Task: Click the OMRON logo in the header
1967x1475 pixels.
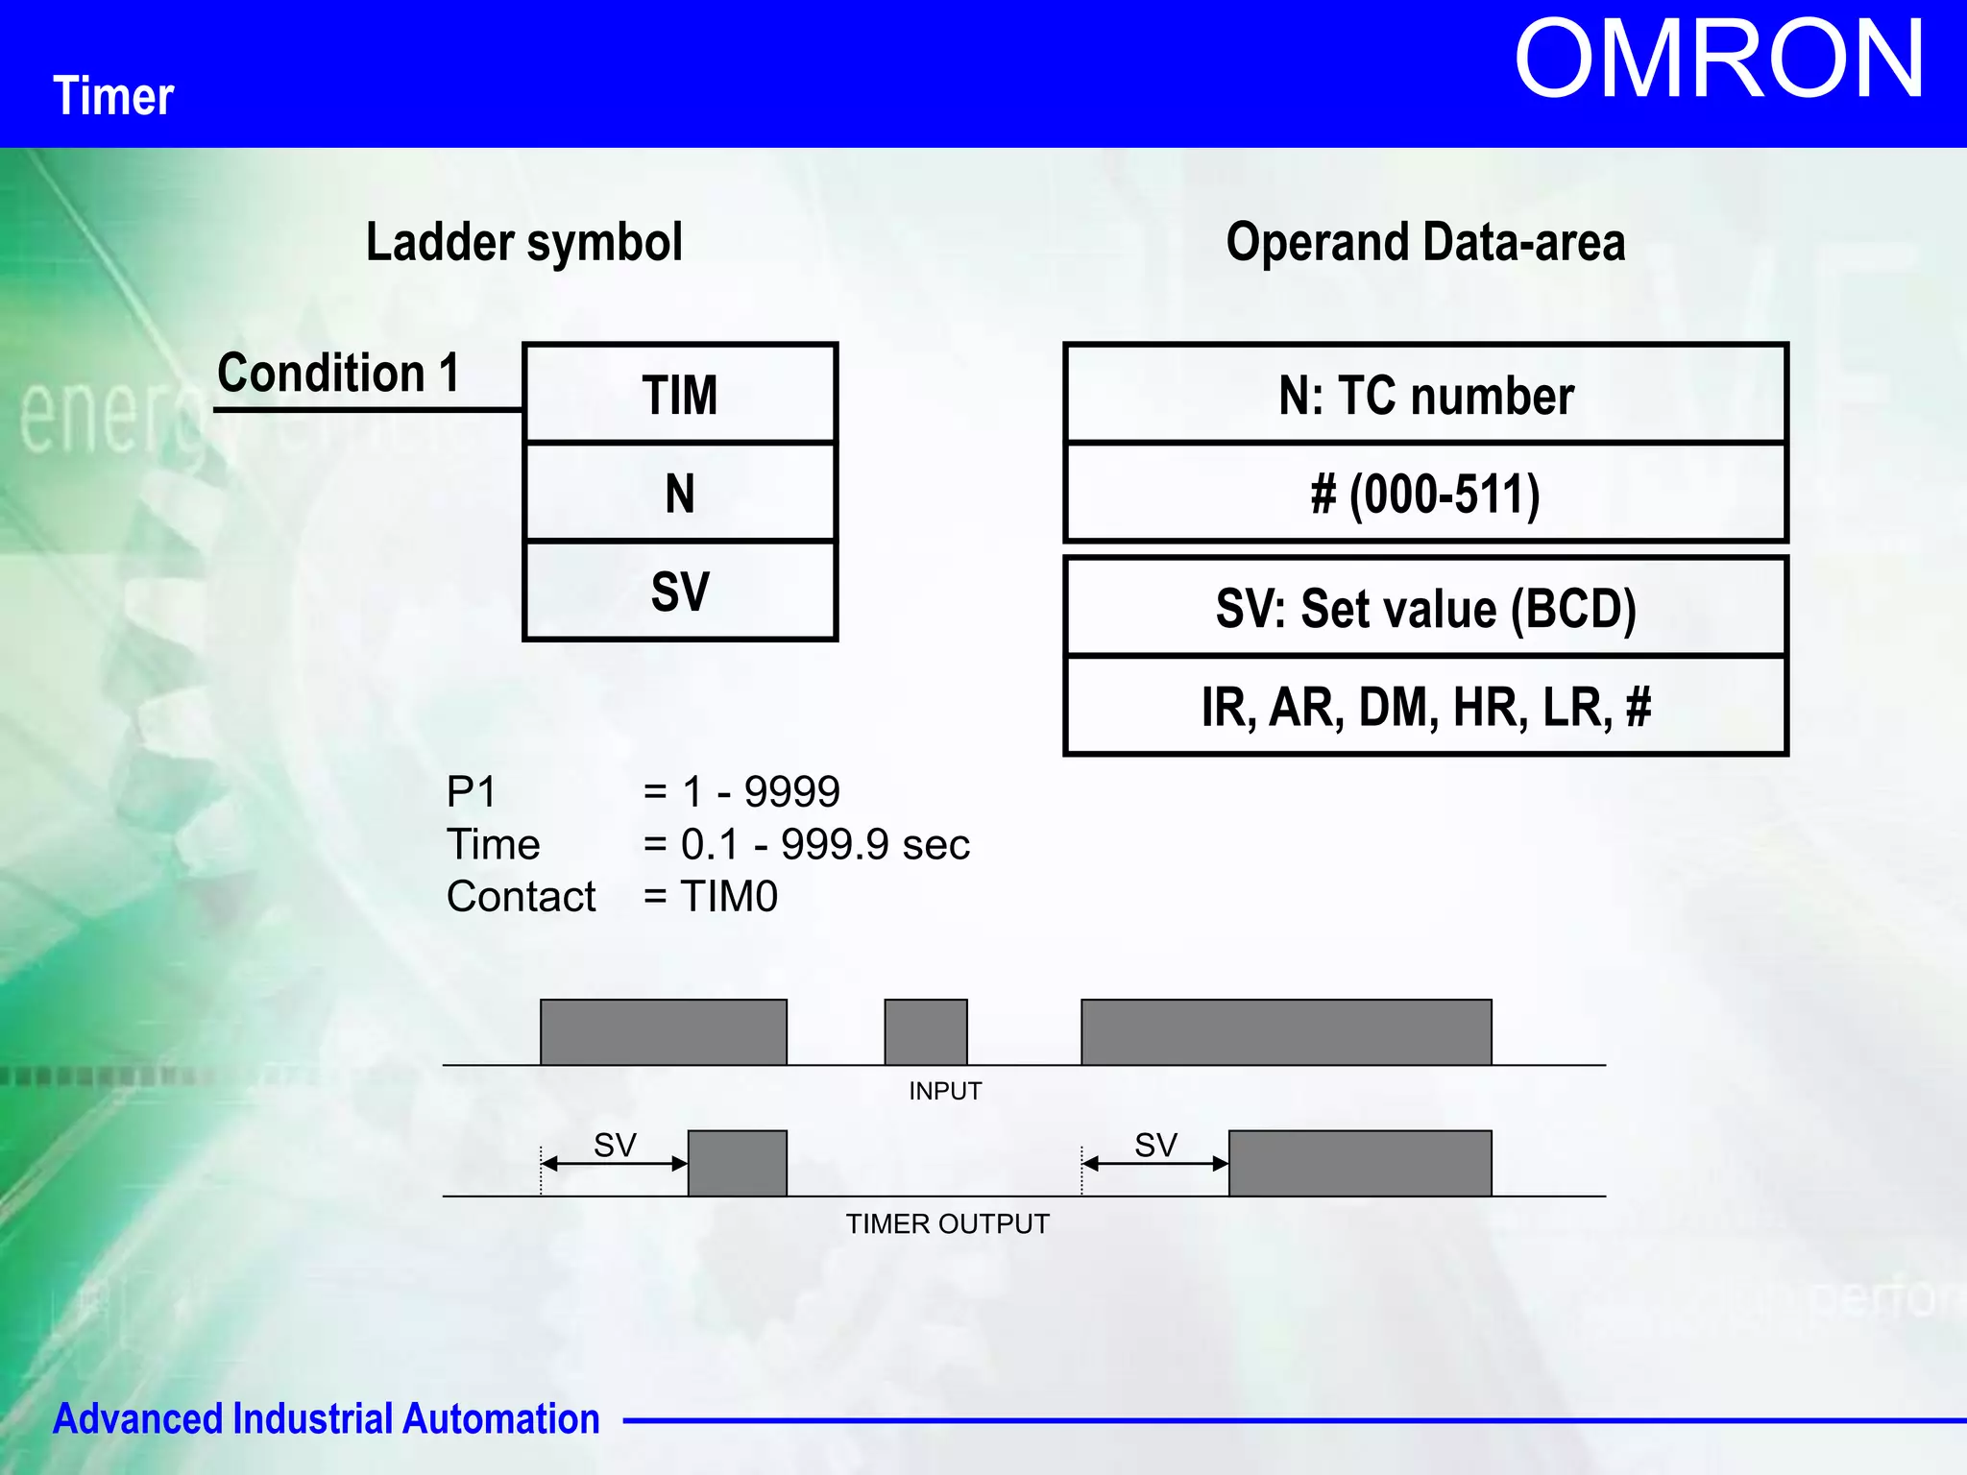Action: pos(1718,60)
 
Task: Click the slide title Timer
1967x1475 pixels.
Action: pos(113,97)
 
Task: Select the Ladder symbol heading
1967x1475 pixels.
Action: pos(524,242)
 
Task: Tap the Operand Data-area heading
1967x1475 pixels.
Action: pos(1425,242)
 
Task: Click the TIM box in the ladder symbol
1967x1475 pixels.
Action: pos(680,395)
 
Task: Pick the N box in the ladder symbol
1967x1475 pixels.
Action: pos(680,494)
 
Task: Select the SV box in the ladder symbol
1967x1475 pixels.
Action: pos(680,592)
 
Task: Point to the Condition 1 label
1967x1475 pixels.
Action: pos(338,373)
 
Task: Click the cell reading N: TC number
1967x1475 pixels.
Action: pos(1425,395)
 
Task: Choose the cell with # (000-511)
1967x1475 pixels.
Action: pos(1425,494)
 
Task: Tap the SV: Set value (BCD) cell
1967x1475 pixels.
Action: pos(1425,609)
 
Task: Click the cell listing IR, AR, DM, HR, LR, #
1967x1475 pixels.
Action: pos(1425,708)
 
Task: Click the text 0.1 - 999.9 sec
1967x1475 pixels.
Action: pos(824,845)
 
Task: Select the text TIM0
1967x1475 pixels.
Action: pos(728,897)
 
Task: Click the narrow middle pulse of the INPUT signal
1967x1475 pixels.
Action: pos(925,1032)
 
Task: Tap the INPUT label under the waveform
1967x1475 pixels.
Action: pos(945,1092)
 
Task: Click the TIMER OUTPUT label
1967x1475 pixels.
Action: pos(947,1224)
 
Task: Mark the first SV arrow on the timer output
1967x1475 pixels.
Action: pos(615,1163)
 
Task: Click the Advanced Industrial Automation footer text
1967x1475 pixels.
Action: pos(326,1419)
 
